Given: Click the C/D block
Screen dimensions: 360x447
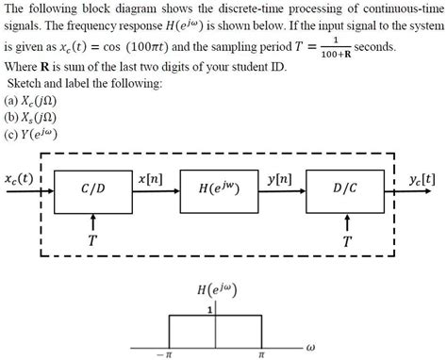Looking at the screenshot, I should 92,188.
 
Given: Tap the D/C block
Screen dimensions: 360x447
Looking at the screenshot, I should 346,188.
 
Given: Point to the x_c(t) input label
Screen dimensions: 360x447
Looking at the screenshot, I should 18,177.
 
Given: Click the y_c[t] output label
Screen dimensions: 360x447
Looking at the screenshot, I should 422,177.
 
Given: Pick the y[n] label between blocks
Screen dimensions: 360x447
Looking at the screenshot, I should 280,176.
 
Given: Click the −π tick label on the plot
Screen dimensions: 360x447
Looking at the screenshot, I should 166,355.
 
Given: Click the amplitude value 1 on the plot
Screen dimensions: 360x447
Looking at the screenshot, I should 209,307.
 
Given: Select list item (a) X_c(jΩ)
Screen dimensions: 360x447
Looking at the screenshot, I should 31,99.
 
